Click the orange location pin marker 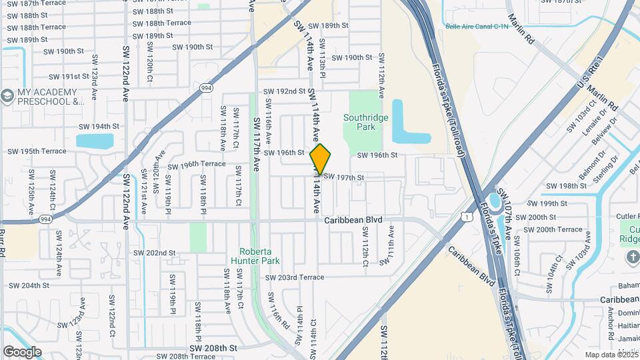point(321,159)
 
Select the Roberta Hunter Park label point(255,256)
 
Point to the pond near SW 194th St point(95,141)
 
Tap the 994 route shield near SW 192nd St point(206,87)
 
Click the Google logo point(22,351)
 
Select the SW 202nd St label point(154,253)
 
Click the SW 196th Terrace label point(197,165)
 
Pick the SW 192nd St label point(284,91)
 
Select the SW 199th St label point(548,204)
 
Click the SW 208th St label point(213,348)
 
